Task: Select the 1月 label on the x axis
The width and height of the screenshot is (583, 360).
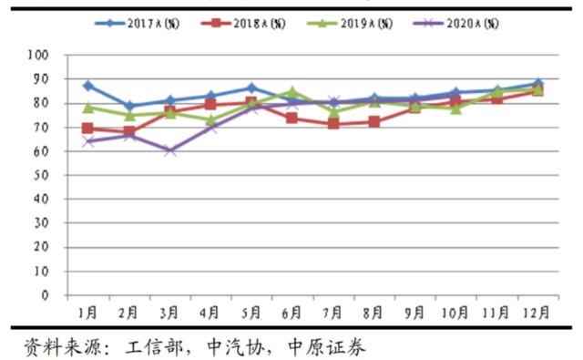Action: [x=88, y=313]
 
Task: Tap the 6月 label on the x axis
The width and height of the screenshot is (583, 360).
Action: [x=291, y=313]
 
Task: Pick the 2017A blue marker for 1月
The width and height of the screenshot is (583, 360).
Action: [x=88, y=86]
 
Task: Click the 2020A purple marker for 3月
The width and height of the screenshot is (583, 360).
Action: [x=170, y=150]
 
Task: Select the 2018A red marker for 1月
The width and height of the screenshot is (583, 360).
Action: [x=88, y=129]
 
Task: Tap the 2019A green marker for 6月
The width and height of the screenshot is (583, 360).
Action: [x=291, y=91]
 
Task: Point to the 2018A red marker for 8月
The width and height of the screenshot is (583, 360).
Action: [x=373, y=121]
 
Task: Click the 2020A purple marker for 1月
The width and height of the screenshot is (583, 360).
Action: [x=88, y=141]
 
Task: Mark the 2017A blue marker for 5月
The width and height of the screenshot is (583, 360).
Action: [x=251, y=88]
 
